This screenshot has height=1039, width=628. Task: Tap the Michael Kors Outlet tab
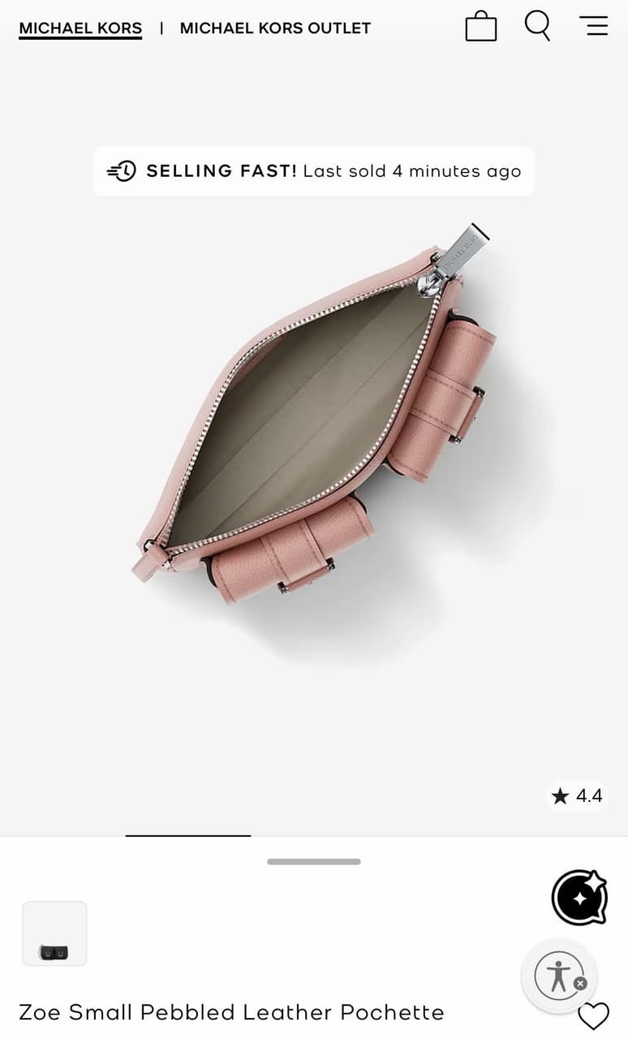coord(275,28)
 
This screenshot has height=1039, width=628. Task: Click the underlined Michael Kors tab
coord(80,28)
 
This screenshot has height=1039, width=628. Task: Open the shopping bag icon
coord(481,26)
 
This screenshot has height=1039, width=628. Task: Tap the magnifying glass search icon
coord(538,25)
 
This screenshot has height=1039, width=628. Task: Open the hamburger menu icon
coord(594,25)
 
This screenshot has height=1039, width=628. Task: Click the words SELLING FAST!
coord(222,170)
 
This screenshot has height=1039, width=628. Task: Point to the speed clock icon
coord(122,171)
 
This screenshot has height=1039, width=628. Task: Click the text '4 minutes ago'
coord(457,171)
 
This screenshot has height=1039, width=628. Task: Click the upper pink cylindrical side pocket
coord(441,401)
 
